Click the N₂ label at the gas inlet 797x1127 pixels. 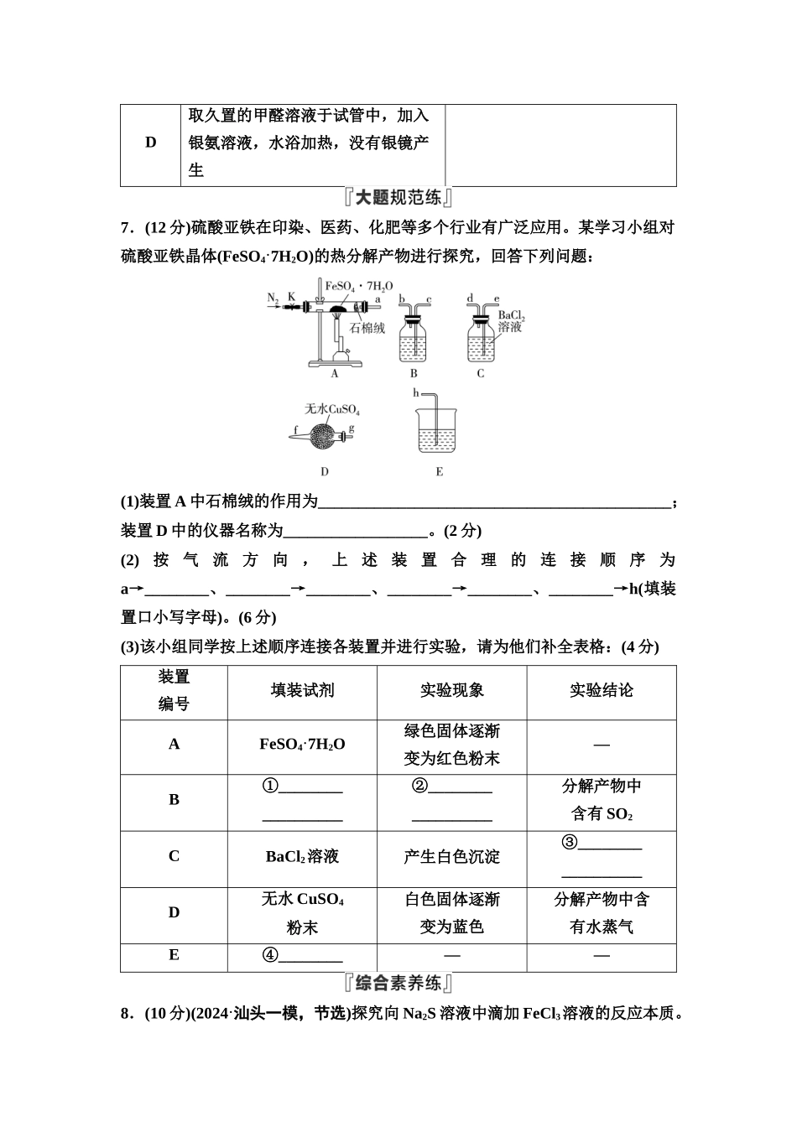click(273, 297)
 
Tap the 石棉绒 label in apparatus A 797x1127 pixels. click(367, 328)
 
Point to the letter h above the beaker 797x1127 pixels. click(415, 392)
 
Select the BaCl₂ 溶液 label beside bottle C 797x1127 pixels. click(509, 321)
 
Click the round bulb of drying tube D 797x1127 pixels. click(325, 434)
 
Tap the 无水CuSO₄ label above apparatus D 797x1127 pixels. click(332, 409)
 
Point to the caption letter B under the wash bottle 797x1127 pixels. click(414, 374)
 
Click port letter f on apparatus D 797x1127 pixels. click(295, 434)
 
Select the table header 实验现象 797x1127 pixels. click(451, 691)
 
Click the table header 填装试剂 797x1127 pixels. click(302, 691)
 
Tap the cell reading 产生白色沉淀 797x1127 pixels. click(451, 857)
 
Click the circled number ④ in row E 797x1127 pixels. click(270, 955)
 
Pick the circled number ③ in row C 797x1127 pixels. click(570, 843)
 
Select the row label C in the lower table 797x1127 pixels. click(174, 857)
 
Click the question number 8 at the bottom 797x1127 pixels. click(125, 1014)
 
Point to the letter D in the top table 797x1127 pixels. click(151, 143)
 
